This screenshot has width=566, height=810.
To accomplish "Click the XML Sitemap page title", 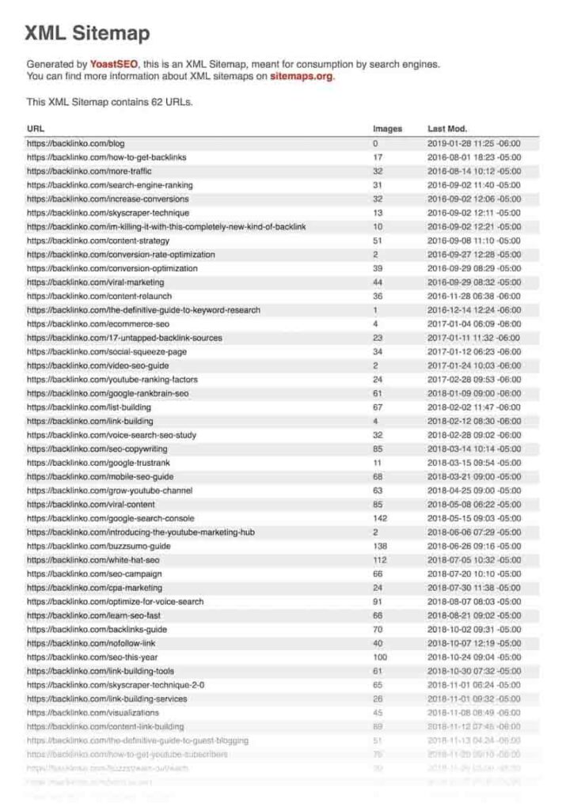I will pyautogui.click(x=87, y=33).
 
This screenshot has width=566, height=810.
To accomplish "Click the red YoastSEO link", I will pyautogui.click(x=116, y=64).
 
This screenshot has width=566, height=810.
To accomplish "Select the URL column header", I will pyautogui.click(x=36, y=129).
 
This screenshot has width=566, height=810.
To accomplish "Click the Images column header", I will pyautogui.click(x=387, y=129).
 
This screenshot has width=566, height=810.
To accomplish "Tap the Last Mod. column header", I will pyautogui.click(x=447, y=129).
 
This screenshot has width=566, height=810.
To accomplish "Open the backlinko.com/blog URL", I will pyautogui.click(x=76, y=143).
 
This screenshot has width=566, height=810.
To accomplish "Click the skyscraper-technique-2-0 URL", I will pyautogui.click(x=116, y=685).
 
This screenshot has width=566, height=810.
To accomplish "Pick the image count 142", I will pyautogui.click(x=380, y=518).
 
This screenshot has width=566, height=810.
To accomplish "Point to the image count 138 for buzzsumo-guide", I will pyautogui.click(x=380, y=546).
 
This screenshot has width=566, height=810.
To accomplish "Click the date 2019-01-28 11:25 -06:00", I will pyautogui.click(x=474, y=143).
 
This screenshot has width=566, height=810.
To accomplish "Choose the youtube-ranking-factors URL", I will pyautogui.click(x=112, y=379).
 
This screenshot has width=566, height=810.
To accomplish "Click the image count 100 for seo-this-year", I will pyautogui.click(x=380, y=657).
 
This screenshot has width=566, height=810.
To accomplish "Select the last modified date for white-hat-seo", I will pyautogui.click(x=474, y=560).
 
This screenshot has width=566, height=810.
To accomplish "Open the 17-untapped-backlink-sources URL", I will pyautogui.click(x=124, y=338).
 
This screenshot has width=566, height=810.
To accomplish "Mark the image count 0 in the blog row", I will pyautogui.click(x=375, y=143).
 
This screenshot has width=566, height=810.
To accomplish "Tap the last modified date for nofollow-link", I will pyautogui.click(x=474, y=643).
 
